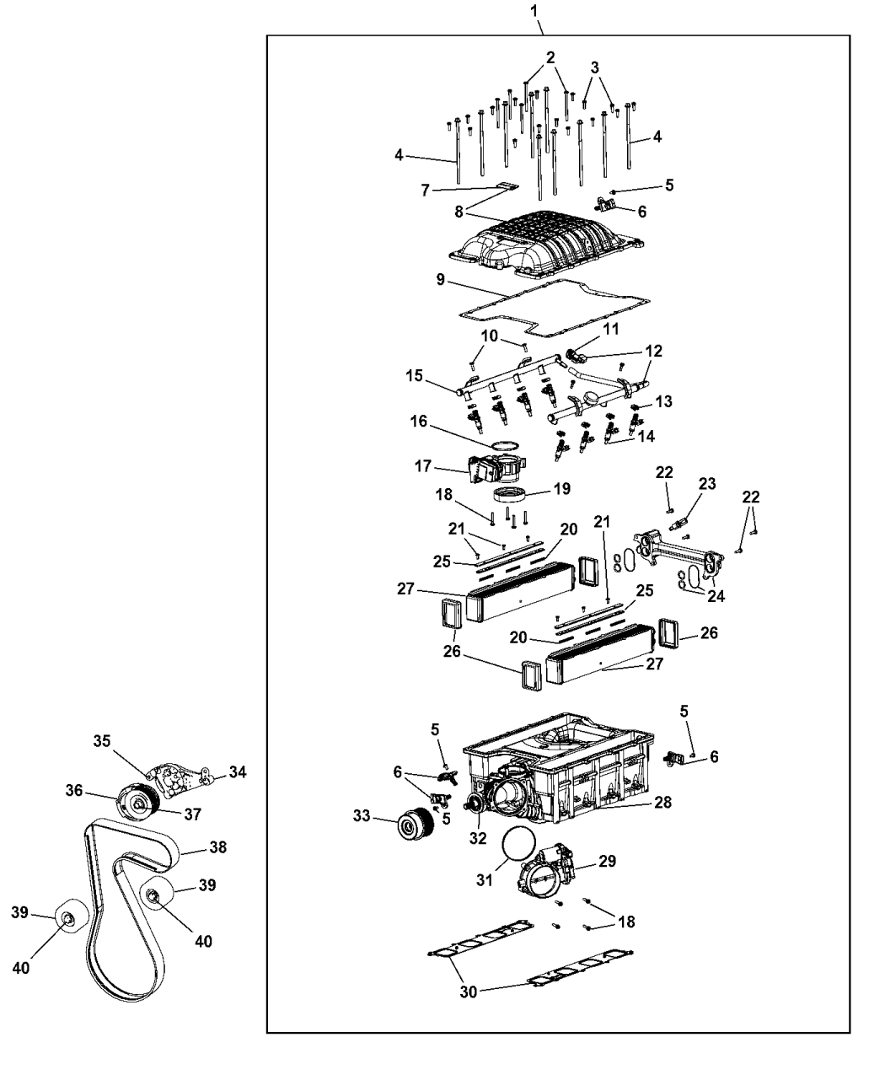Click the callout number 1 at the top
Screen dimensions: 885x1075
pyautogui.click(x=534, y=11)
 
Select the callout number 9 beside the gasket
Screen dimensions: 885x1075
pyautogui.click(x=440, y=280)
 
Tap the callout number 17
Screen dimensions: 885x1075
pyautogui.click(x=422, y=466)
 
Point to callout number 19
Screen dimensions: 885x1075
pyautogui.click(x=561, y=488)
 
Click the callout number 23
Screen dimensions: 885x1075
pyautogui.click(x=707, y=483)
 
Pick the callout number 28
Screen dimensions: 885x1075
pyautogui.click(x=663, y=802)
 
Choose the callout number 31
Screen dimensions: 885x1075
pyautogui.click(x=485, y=880)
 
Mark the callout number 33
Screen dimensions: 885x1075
pyautogui.click(x=362, y=815)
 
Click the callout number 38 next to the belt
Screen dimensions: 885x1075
pyautogui.click(x=218, y=847)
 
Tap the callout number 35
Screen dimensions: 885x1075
pyautogui.click(x=102, y=741)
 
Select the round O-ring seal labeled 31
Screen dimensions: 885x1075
pyautogui.click(x=518, y=843)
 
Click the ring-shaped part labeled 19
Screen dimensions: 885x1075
pyautogui.click(x=508, y=494)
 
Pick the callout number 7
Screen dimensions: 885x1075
pyautogui.click(x=425, y=191)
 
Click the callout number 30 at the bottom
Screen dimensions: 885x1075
pyautogui.click(x=468, y=1002)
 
